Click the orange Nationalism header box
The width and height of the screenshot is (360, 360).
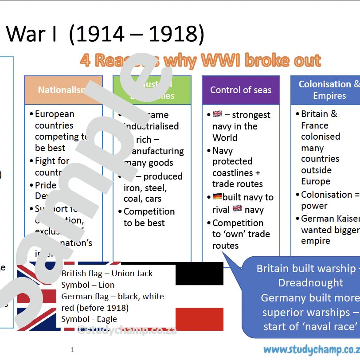pyautogui.click(x=63, y=90)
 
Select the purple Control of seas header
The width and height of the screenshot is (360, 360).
pyautogui.click(x=241, y=90)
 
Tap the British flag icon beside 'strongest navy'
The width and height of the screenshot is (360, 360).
pyautogui.click(x=217, y=114)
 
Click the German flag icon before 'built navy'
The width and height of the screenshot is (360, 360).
pyautogui.click(x=217, y=196)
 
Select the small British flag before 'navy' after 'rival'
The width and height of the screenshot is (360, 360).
pyautogui.click(x=237, y=208)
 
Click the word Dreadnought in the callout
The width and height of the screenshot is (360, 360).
pyautogui.click(x=310, y=283)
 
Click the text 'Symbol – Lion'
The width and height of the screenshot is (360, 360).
pyautogui.click(x=88, y=285)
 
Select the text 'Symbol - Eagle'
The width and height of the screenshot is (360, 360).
pyautogui.click(x=89, y=319)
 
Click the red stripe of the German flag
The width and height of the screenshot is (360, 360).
pyautogui.click(x=200, y=319)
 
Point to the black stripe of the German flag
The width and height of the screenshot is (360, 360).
pyautogui.click(x=200, y=273)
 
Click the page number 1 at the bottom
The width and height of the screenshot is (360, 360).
pyautogui.click(x=72, y=350)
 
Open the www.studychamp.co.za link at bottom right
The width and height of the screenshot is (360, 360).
pyautogui.click(x=311, y=350)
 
